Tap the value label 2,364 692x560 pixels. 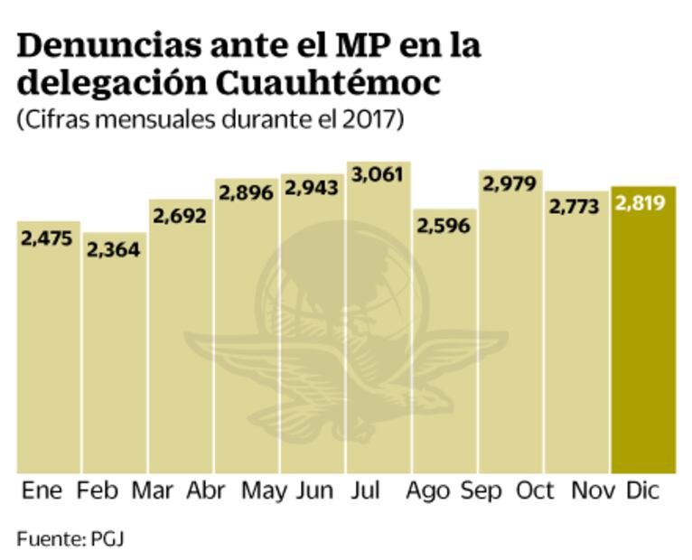(114, 249)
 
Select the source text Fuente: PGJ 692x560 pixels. (70, 539)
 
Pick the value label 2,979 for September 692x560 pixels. (510, 183)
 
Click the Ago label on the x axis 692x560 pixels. (427, 491)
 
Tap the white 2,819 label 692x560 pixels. (641, 203)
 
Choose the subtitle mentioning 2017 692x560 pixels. (209, 121)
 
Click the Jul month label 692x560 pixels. (367, 491)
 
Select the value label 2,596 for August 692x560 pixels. (444, 225)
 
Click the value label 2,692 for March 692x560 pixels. (180, 216)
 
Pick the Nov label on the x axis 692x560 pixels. (593, 491)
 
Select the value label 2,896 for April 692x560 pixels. (246, 194)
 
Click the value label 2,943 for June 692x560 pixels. (313, 189)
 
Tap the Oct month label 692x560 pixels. (535, 491)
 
